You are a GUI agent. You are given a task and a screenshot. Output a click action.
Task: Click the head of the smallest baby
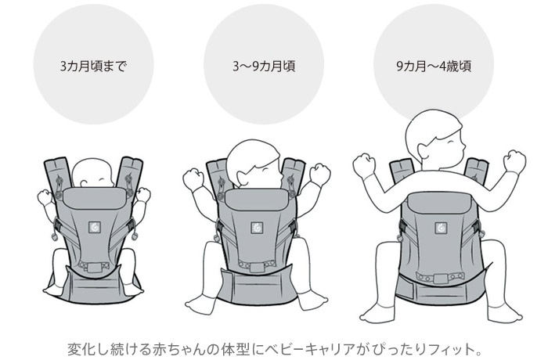pos(94,173)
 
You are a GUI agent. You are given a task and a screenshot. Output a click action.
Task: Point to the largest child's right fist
pos(514,162)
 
